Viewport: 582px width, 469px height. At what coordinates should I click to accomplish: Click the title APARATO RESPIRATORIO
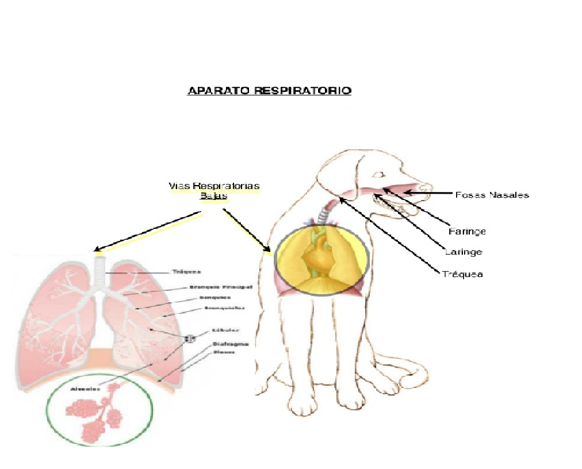(269, 91)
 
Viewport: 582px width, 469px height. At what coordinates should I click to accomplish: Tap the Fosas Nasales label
(492, 195)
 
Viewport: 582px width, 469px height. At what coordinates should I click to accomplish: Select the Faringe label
(467, 231)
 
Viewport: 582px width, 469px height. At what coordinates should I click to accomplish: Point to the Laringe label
(464, 252)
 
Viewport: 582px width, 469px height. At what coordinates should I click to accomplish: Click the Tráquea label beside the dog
(463, 274)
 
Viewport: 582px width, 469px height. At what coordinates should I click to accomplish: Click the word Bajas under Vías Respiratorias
(213, 196)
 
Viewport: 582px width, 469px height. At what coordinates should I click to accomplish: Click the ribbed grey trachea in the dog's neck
(324, 217)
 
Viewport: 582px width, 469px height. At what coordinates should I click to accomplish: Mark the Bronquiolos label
(221, 309)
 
